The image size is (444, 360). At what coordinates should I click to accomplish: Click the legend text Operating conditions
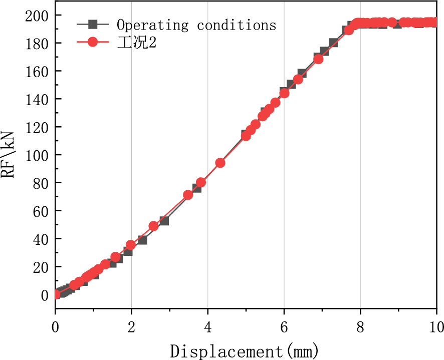click(x=196, y=25)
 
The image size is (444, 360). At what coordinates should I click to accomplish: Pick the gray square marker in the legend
click(x=92, y=24)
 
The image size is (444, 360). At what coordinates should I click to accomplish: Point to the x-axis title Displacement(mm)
click(x=245, y=350)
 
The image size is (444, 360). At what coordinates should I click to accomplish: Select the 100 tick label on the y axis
click(x=38, y=155)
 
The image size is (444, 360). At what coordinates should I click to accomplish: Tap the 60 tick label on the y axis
click(x=41, y=211)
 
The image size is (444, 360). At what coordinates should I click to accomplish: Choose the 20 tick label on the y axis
click(x=41, y=267)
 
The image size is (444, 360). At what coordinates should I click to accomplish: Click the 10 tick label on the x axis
click(x=436, y=328)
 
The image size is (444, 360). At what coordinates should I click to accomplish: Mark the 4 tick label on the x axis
click(x=208, y=328)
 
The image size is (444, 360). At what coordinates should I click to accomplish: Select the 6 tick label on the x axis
click(x=284, y=328)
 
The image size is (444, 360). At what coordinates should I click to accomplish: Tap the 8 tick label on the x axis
click(x=360, y=328)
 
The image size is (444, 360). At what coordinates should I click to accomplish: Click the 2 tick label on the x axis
click(x=131, y=328)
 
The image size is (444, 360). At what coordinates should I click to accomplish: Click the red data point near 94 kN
click(x=220, y=163)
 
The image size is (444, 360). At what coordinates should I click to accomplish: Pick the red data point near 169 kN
click(x=318, y=59)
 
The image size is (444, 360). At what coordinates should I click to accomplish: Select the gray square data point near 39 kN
click(x=142, y=240)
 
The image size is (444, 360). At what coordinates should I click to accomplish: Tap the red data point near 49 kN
click(x=154, y=226)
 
